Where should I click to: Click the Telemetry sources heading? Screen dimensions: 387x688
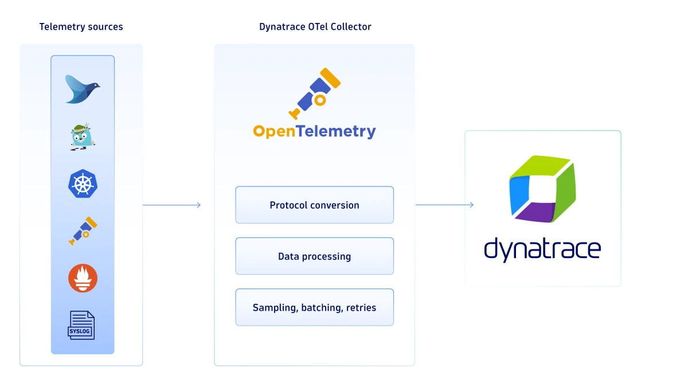(81, 27)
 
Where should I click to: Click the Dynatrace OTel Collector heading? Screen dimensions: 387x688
(315, 27)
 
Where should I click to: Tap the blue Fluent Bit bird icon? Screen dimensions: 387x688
(82, 89)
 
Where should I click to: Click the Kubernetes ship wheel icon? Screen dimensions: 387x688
(83, 184)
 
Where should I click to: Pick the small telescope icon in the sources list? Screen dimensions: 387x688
(83, 231)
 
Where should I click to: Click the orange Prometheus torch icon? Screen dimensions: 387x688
(83, 279)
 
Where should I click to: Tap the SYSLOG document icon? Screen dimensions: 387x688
(81, 325)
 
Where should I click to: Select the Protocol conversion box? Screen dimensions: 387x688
(314, 205)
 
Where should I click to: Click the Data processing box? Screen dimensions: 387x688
(314, 256)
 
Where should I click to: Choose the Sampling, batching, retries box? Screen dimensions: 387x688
(314, 307)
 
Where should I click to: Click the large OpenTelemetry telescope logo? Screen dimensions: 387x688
(314, 93)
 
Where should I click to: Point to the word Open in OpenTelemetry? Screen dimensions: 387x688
(273, 132)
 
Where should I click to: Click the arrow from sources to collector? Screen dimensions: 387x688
(171, 205)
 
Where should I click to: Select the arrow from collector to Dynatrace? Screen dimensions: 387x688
(444, 205)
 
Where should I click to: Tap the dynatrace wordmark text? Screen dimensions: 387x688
(542, 250)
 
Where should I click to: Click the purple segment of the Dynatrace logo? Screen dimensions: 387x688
(535, 212)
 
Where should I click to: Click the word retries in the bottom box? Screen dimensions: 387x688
(361, 308)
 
